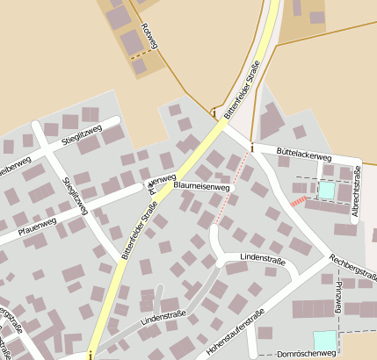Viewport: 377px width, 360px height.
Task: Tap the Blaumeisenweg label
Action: coord(202,187)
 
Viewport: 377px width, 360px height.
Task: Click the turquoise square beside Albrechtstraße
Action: coord(326,190)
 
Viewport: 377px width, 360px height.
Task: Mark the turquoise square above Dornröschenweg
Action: coord(325,340)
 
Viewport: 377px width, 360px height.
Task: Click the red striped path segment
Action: coord(298,202)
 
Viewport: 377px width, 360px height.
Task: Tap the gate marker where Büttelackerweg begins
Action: coord(251,148)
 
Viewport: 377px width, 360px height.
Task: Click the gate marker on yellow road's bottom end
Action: coord(89,355)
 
